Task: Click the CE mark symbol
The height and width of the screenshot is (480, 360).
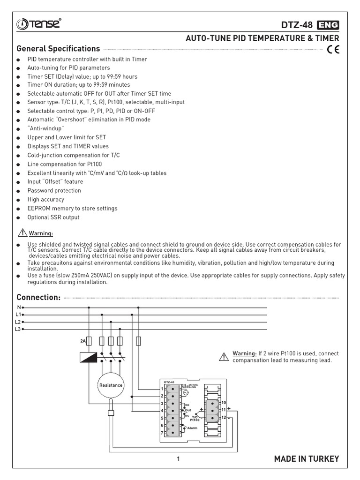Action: pos(334,49)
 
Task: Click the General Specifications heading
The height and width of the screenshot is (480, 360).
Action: pos(58,49)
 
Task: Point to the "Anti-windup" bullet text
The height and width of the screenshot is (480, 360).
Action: pos(45,128)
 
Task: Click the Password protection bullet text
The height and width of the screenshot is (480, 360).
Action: pos(54,191)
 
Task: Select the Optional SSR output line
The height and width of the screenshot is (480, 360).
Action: pos(53,217)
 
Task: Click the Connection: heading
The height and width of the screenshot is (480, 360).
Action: pos(38,298)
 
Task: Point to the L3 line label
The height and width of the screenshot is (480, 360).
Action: pos(18,330)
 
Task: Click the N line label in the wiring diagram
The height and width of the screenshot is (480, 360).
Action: pos(19,307)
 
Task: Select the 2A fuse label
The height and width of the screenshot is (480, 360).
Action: pos(82,341)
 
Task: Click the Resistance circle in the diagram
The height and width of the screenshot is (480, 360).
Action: pos(111,385)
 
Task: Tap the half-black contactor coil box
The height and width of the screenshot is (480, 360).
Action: pos(89,357)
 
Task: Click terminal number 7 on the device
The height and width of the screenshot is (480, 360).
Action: pos(162,433)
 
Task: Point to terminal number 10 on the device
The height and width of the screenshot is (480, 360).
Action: pos(224,403)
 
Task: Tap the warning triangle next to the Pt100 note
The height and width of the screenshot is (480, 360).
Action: pos(223,357)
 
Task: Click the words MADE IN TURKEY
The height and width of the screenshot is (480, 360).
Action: pos(306,459)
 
